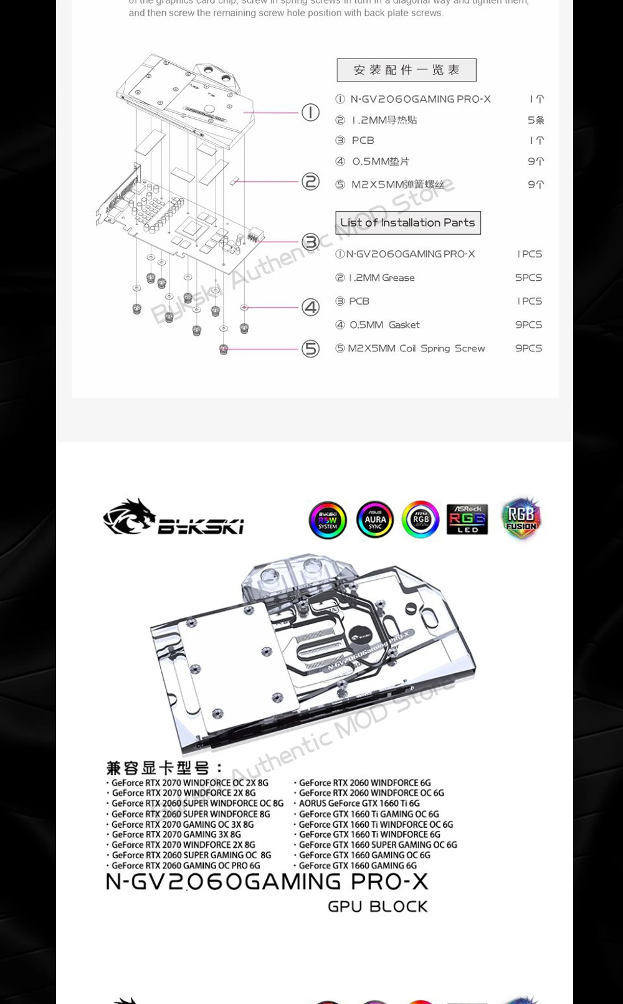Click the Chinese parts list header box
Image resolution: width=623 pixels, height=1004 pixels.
click(406, 70)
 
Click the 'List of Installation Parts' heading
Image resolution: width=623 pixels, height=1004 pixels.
click(408, 223)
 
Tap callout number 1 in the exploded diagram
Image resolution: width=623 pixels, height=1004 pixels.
click(310, 113)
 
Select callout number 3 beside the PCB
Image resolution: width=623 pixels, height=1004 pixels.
click(310, 242)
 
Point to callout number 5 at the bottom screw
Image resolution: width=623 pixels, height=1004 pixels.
click(310, 349)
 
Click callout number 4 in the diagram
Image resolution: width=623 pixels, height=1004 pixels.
click(310, 307)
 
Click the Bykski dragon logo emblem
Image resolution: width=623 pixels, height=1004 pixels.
click(130, 517)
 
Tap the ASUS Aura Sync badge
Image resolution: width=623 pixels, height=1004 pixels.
click(375, 520)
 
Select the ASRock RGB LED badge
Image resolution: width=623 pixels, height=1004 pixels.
click(467, 519)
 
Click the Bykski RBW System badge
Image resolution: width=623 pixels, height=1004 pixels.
click(328, 520)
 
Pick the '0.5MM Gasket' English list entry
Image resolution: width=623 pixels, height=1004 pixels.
click(384, 325)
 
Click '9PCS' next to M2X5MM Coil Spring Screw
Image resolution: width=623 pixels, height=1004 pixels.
click(528, 349)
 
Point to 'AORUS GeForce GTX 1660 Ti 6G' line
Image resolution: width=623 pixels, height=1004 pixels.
click(359, 803)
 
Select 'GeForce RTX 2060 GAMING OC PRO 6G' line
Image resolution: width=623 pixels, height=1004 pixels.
click(186, 866)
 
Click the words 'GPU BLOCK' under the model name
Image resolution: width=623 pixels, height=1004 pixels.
click(378, 907)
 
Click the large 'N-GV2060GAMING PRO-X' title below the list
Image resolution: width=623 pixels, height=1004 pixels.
click(267, 882)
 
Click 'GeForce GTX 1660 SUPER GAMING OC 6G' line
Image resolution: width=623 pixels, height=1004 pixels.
click(378, 845)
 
